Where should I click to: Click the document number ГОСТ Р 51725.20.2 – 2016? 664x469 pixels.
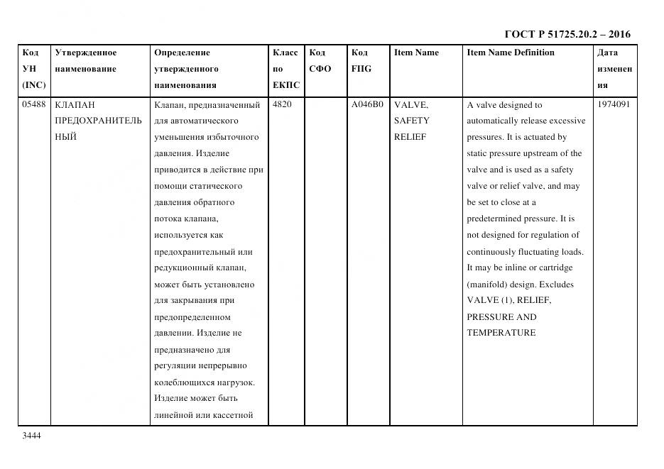(x=567, y=34)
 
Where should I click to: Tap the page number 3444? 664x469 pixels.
(x=32, y=436)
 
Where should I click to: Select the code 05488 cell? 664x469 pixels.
(x=34, y=104)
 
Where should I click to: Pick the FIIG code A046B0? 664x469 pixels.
(x=367, y=104)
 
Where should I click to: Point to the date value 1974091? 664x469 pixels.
(x=614, y=104)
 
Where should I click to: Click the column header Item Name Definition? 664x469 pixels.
(x=510, y=53)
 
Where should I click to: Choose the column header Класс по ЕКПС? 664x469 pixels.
(x=285, y=69)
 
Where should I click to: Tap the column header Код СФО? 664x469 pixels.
(x=320, y=60)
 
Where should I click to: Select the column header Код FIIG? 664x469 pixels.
(x=361, y=60)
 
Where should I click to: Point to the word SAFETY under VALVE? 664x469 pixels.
(x=411, y=121)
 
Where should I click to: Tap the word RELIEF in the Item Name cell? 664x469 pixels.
(x=410, y=137)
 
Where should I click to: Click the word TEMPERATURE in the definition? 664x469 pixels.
(x=501, y=333)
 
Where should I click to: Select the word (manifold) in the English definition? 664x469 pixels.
(x=488, y=285)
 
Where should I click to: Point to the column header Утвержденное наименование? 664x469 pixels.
(x=85, y=60)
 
